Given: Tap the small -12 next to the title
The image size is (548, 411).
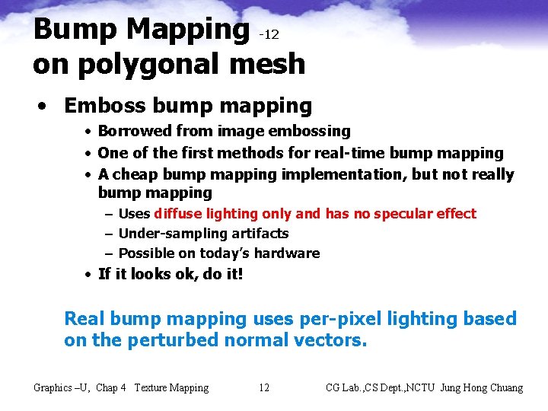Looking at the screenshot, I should pos(269,35).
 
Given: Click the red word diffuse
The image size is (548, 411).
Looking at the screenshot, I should pos(177,214).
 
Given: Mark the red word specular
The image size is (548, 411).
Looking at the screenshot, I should pos(401,214).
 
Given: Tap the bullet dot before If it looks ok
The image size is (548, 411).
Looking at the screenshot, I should pos(89,274).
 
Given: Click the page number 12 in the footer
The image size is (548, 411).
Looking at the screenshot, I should pos(263,388).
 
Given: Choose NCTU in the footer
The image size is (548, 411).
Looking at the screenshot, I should pos(422,388).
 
